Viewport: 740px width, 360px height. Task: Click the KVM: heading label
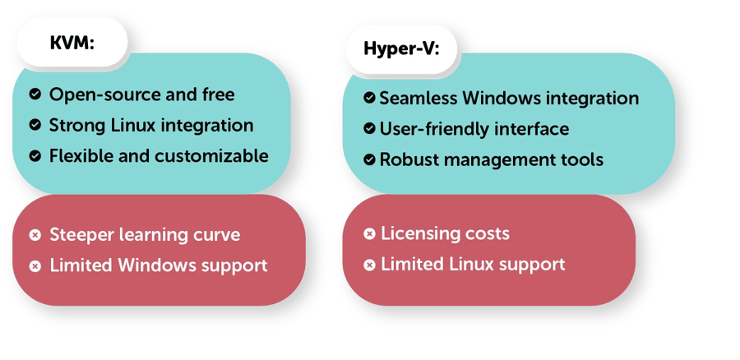click(x=72, y=42)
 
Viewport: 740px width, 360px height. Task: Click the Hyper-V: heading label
click(x=400, y=48)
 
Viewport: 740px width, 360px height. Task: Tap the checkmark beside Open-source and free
click(x=35, y=95)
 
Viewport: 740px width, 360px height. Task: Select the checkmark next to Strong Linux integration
click(x=35, y=125)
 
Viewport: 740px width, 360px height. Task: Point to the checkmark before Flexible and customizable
click(x=35, y=155)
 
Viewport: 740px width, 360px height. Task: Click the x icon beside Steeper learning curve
click(x=35, y=235)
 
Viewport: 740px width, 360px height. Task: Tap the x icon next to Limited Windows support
click(x=35, y=266)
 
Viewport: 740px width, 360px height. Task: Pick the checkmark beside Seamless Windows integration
click(x=369, y=99)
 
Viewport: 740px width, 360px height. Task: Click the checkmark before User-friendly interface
click(x=369, y=129)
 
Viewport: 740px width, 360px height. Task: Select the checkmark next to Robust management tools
click(x=369, y=159)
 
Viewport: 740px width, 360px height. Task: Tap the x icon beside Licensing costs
click(x=369, y=234)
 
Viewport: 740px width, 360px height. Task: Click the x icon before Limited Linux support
click(x=369, y=265)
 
